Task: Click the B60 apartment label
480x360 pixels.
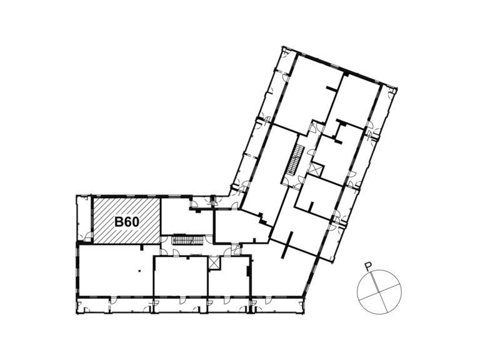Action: pos(127,222)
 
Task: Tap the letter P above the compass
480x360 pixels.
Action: pos(369,267)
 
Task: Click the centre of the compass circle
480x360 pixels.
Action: pos(379,291)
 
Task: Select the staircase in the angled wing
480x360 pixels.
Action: pos(295,161)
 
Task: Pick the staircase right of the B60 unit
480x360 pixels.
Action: pos(187,240)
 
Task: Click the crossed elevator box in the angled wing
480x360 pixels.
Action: pos(316,170)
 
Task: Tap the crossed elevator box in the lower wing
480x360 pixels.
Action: pos(214,263)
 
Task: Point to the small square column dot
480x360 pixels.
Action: pos(139,271)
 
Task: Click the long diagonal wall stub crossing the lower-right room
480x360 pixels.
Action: pos(287,245)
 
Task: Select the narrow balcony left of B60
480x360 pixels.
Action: pos(83,219)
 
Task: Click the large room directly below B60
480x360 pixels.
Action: pos(115,270)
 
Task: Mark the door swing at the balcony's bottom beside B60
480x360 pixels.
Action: pos(89,236)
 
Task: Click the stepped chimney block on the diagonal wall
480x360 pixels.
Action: pos(262,218)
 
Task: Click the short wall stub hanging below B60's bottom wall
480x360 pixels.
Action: pos(141,247)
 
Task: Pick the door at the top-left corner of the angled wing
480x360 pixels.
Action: pos(284,54)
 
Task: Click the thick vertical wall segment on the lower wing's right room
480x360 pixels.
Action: pos(248,271)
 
